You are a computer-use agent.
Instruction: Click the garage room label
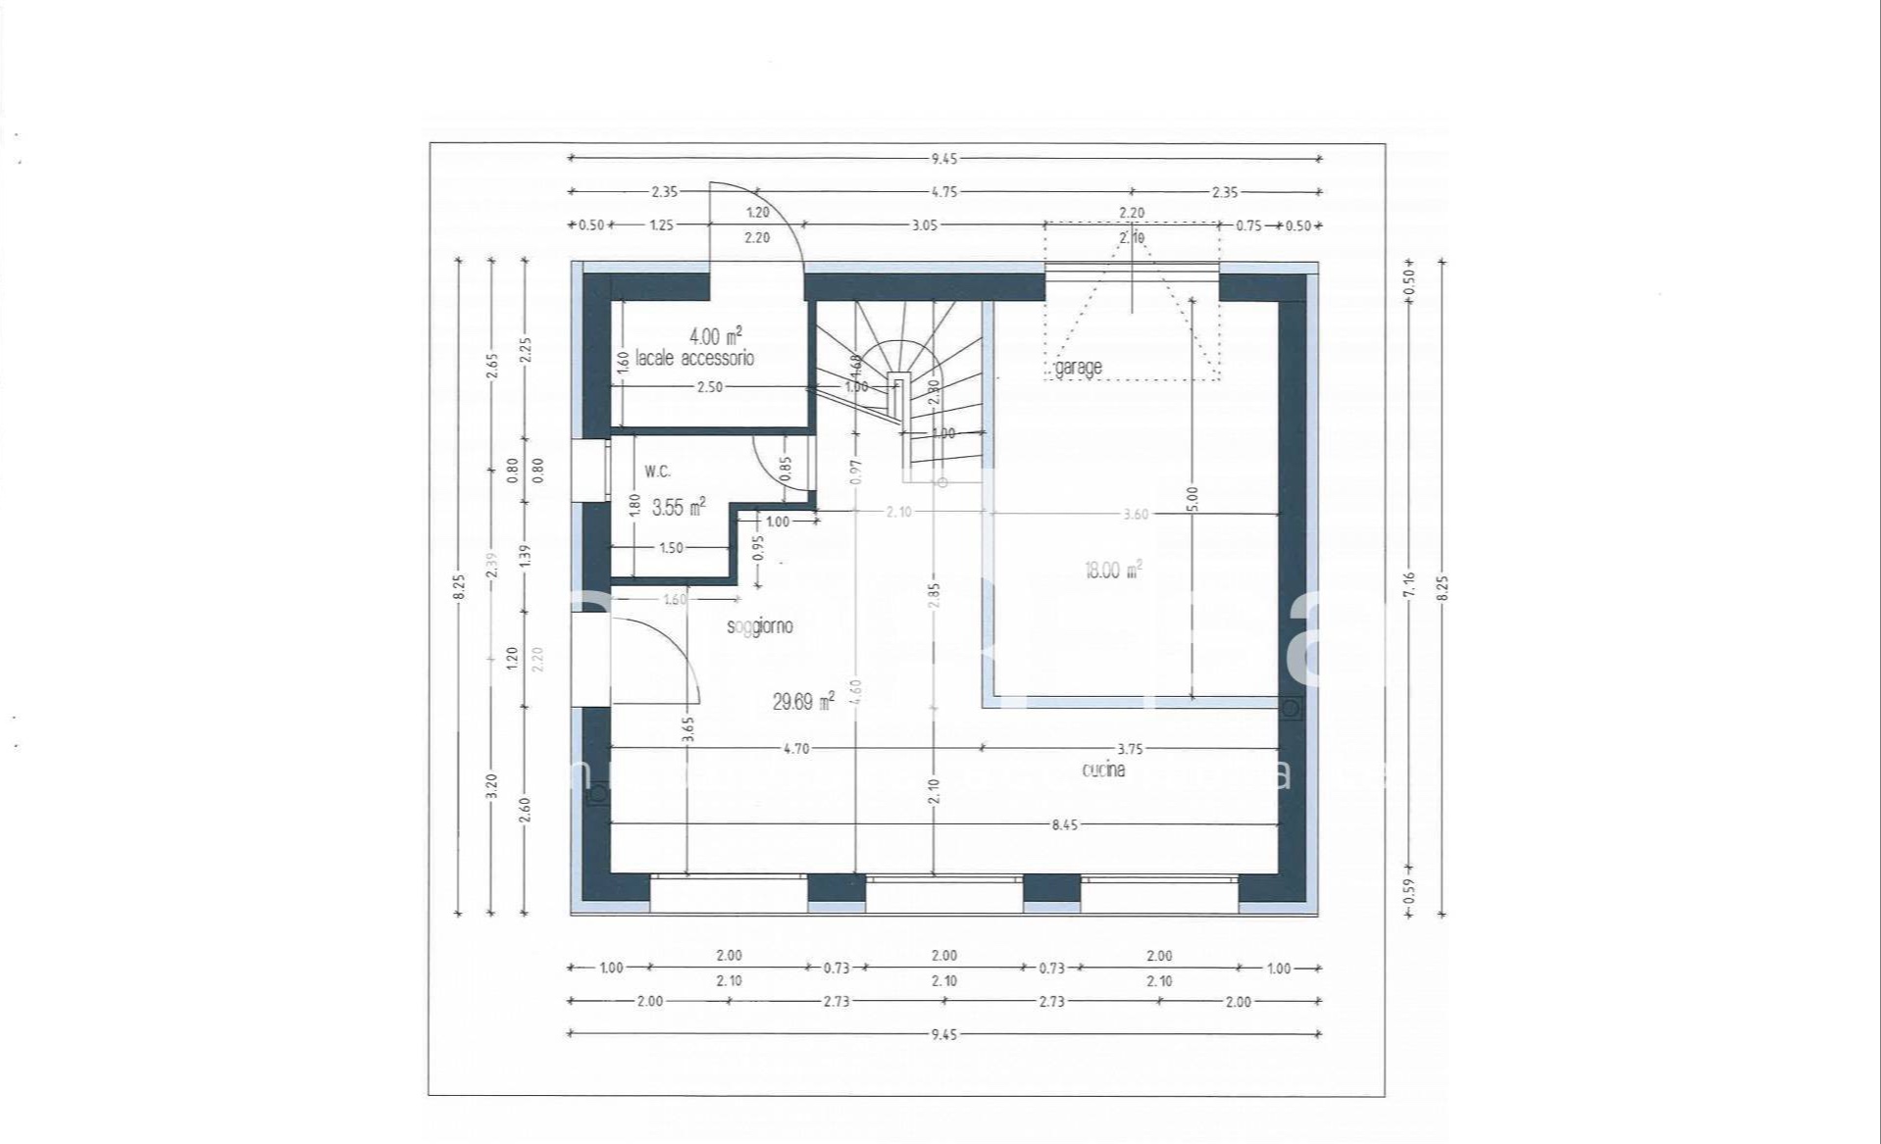(1079, 368)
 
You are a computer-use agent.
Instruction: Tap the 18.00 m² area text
(1112, 571)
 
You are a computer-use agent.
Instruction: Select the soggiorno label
(760, 626)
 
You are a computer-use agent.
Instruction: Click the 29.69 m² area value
(803, 702)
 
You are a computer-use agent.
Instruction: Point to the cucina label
(1103, 771)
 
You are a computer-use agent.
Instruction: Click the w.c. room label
(657, 472)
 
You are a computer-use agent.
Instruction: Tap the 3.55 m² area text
(679, 508)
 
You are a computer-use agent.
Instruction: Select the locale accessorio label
(694, 358)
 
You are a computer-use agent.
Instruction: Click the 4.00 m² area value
(716, 338)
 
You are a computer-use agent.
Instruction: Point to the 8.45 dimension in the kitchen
(1064, 825)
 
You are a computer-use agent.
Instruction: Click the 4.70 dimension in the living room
(796, 749)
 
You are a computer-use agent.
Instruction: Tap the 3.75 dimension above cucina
(1130, 749)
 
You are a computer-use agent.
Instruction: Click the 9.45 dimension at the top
(943, 159)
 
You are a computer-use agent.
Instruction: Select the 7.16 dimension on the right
(1409, 584)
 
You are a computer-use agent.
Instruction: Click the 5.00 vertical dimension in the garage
(1193, 500)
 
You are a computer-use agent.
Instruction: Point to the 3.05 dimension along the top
(925, 225)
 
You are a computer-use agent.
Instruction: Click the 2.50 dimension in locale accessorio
(709, 387)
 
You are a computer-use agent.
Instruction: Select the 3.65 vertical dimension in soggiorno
(687, 729)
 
